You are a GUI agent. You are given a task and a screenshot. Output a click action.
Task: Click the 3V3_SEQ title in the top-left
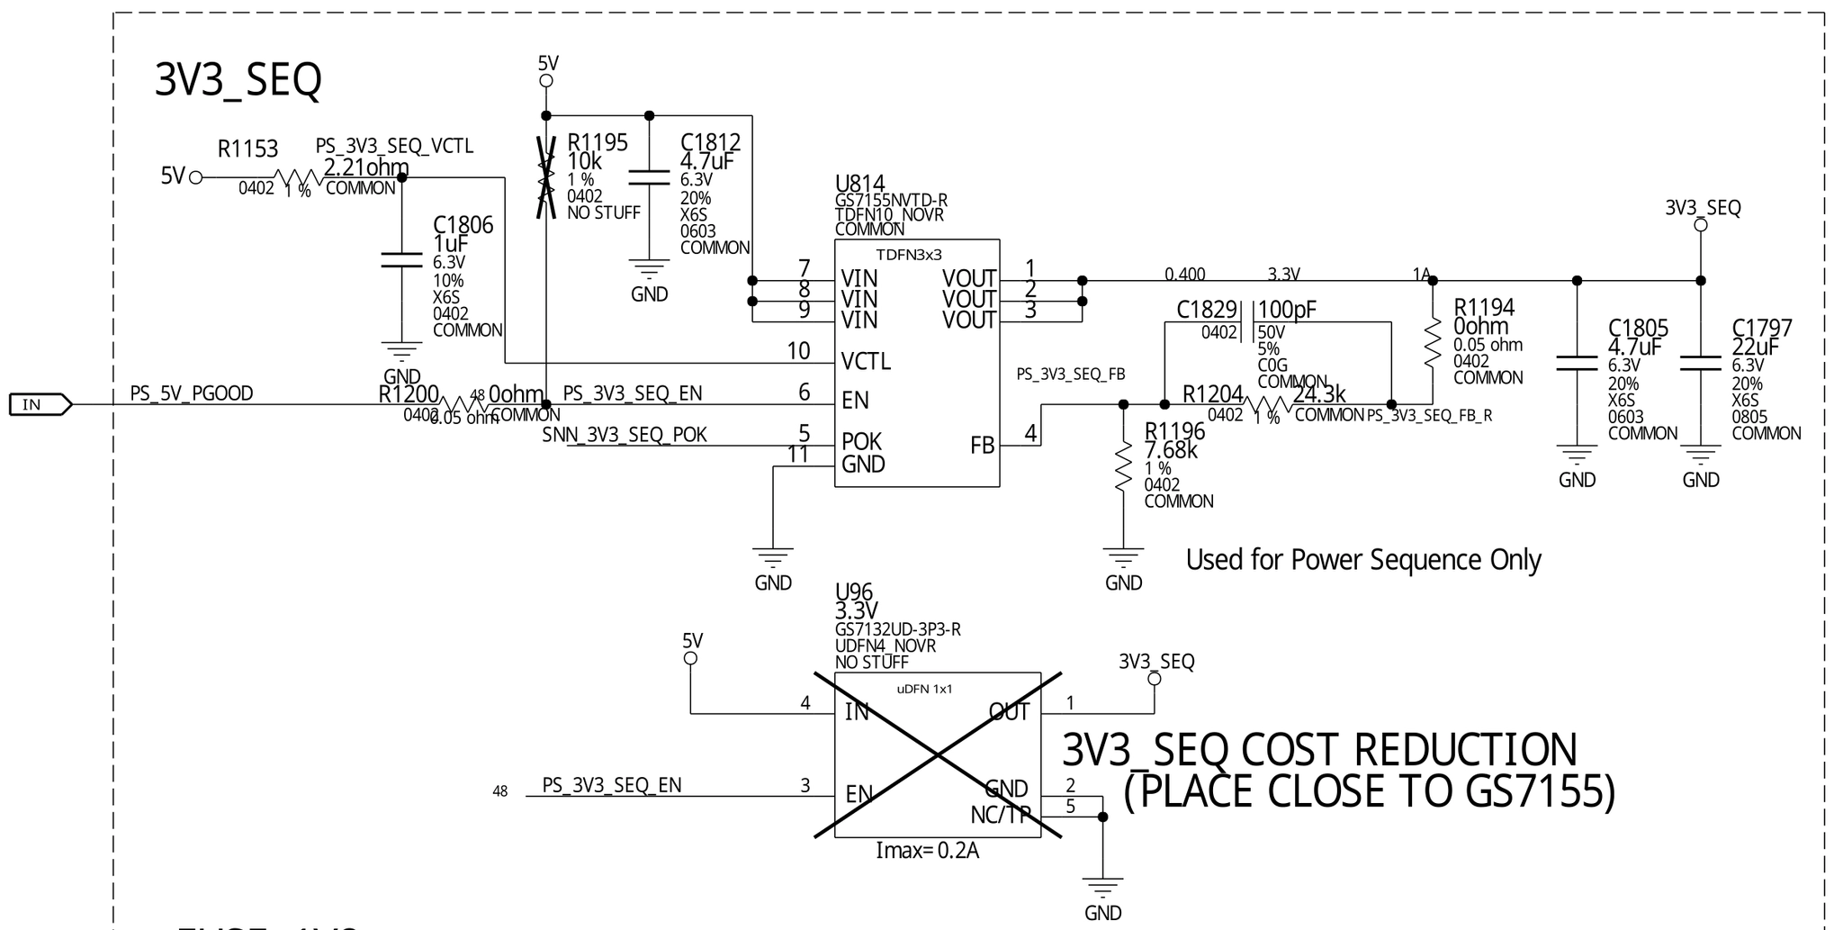(x=238, y=80)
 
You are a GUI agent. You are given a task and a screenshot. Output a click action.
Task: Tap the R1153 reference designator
(x=247, y=149)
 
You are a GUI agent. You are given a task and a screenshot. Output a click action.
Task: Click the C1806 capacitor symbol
(x=401, y=260)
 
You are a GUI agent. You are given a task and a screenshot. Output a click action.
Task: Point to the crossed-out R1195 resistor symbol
(x=544, y=177)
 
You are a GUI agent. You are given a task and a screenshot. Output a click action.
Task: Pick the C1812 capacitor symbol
(x=649, y=177)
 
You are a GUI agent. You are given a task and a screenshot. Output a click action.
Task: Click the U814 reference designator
(x=859, y=185)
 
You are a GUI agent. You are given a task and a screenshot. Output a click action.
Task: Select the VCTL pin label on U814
(x=866, y=362)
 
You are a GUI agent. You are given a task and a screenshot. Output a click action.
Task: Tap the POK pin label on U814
(x=861, y=442)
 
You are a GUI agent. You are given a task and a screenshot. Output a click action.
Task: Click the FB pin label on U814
(x=982, y=446)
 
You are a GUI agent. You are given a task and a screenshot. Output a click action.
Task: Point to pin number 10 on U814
(x=798, y=351)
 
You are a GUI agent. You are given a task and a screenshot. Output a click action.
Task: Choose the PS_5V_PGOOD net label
(x=192, y=393)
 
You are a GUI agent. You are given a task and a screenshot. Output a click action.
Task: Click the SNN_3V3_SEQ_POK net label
(x=625, y=436)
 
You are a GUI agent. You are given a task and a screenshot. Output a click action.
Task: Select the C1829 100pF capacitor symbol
(x=1246, y=322)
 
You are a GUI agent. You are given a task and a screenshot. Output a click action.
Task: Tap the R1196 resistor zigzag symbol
(x=1123, y=466)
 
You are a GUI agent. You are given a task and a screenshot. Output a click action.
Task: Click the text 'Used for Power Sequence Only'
(x=1362, y=560)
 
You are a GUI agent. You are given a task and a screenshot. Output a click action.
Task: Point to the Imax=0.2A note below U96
(x=927, y=850)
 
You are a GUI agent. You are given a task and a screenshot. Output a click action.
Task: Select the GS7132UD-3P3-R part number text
(x=897, y=629)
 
